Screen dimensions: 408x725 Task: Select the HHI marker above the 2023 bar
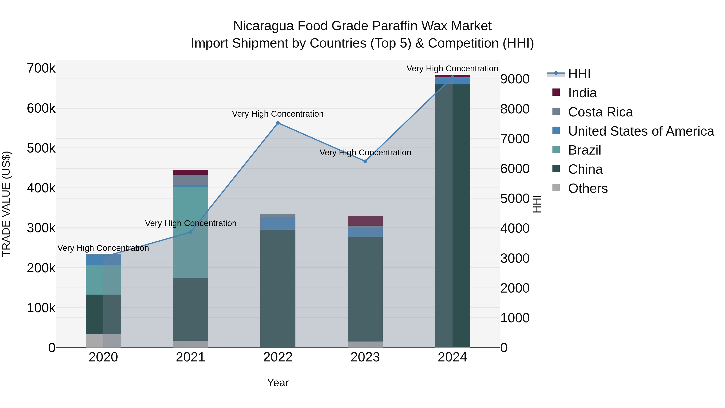365,161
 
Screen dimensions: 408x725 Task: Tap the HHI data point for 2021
191,232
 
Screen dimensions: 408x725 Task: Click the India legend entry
582,93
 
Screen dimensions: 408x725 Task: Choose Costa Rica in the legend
600,112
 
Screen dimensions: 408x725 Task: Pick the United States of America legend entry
641,131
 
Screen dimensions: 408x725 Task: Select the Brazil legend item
584,150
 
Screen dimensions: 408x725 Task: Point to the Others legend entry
588,188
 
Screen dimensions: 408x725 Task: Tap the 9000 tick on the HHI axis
515,79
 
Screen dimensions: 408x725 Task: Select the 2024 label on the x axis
452,357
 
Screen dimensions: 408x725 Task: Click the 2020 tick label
103,357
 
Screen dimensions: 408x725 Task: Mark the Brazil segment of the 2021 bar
191,232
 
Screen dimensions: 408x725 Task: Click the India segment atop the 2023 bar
365,221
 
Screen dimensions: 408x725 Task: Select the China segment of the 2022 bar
278,288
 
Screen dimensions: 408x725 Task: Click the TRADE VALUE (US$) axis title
6,204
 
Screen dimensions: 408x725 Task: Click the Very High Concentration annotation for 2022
278,114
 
